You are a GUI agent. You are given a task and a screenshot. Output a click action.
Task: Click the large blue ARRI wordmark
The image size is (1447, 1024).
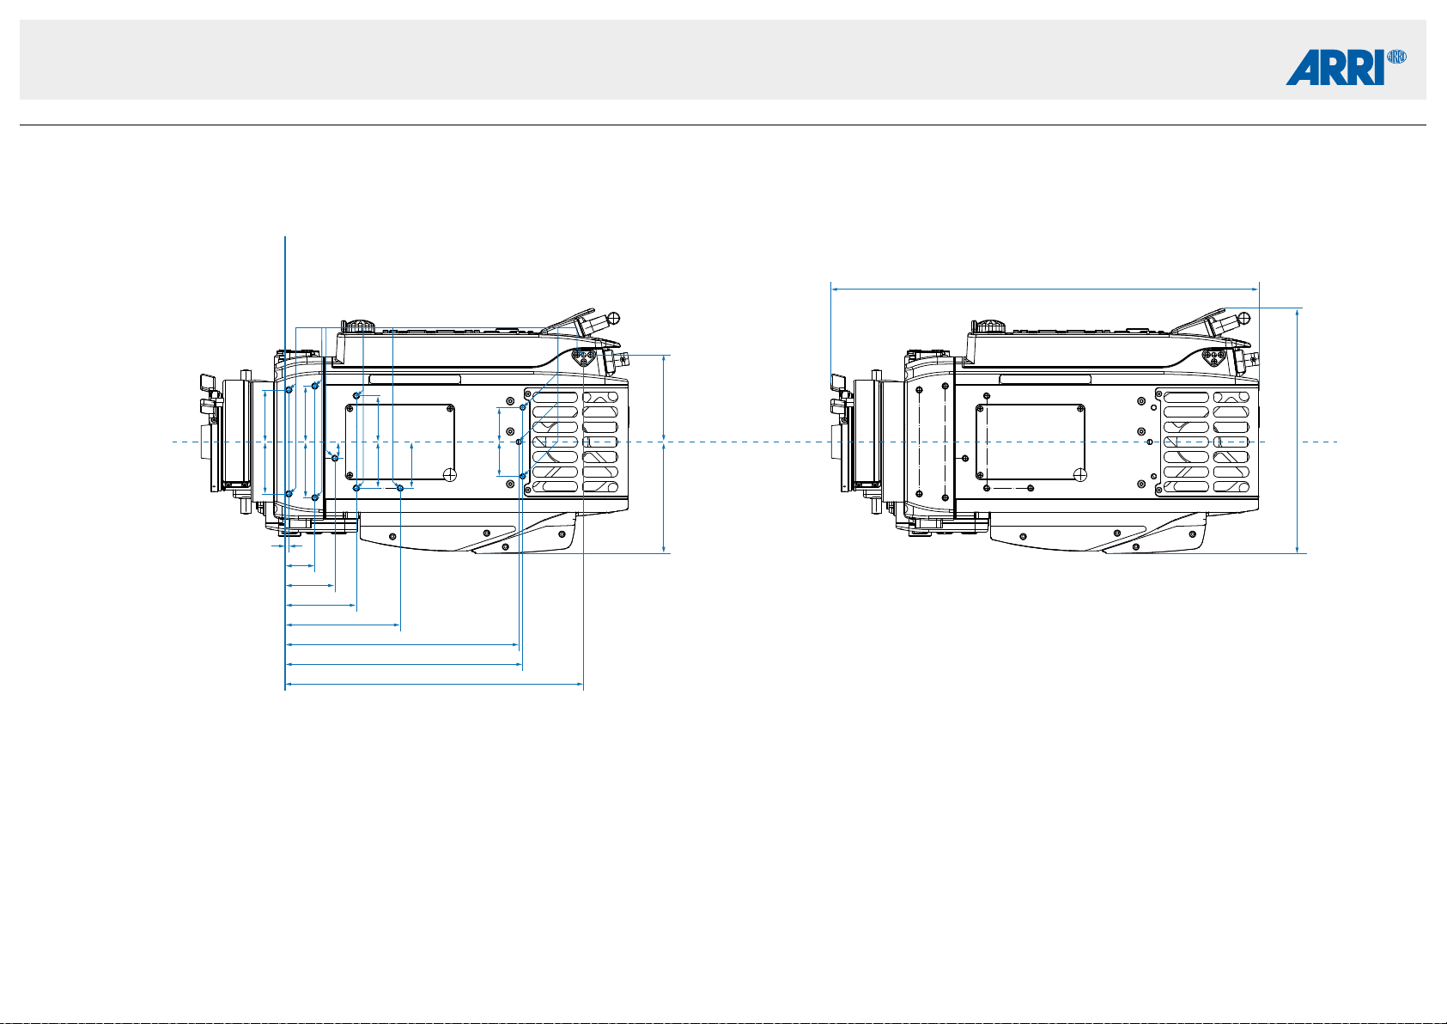pyautogui.click(x=1335, y=67)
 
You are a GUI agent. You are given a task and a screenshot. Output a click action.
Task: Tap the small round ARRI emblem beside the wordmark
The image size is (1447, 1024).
pyautogui.click(x=1396, y=57)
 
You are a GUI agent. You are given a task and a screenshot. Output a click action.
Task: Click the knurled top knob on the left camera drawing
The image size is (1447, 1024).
pyautogui.click(x=358, y=326)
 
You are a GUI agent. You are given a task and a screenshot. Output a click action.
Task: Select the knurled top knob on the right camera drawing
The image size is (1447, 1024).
pyautogui.click(x=989, y=326)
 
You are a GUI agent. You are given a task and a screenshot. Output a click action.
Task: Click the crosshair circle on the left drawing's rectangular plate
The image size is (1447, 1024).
pyautogui.click(x=450, y=475)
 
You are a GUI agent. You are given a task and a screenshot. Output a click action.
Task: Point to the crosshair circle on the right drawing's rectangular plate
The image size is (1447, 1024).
pyautogui.click(x=1080, y=475)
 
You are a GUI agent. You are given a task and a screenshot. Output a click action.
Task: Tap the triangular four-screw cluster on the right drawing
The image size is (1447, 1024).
pyautogui.click(x=1213, y=357)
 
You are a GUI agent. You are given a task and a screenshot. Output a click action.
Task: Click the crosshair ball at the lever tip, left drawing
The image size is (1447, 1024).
pyautogui.click(x=614, y=318)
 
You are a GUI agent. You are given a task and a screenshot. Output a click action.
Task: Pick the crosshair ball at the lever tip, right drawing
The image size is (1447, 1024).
pyautogui.click(x=1245, y=318)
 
